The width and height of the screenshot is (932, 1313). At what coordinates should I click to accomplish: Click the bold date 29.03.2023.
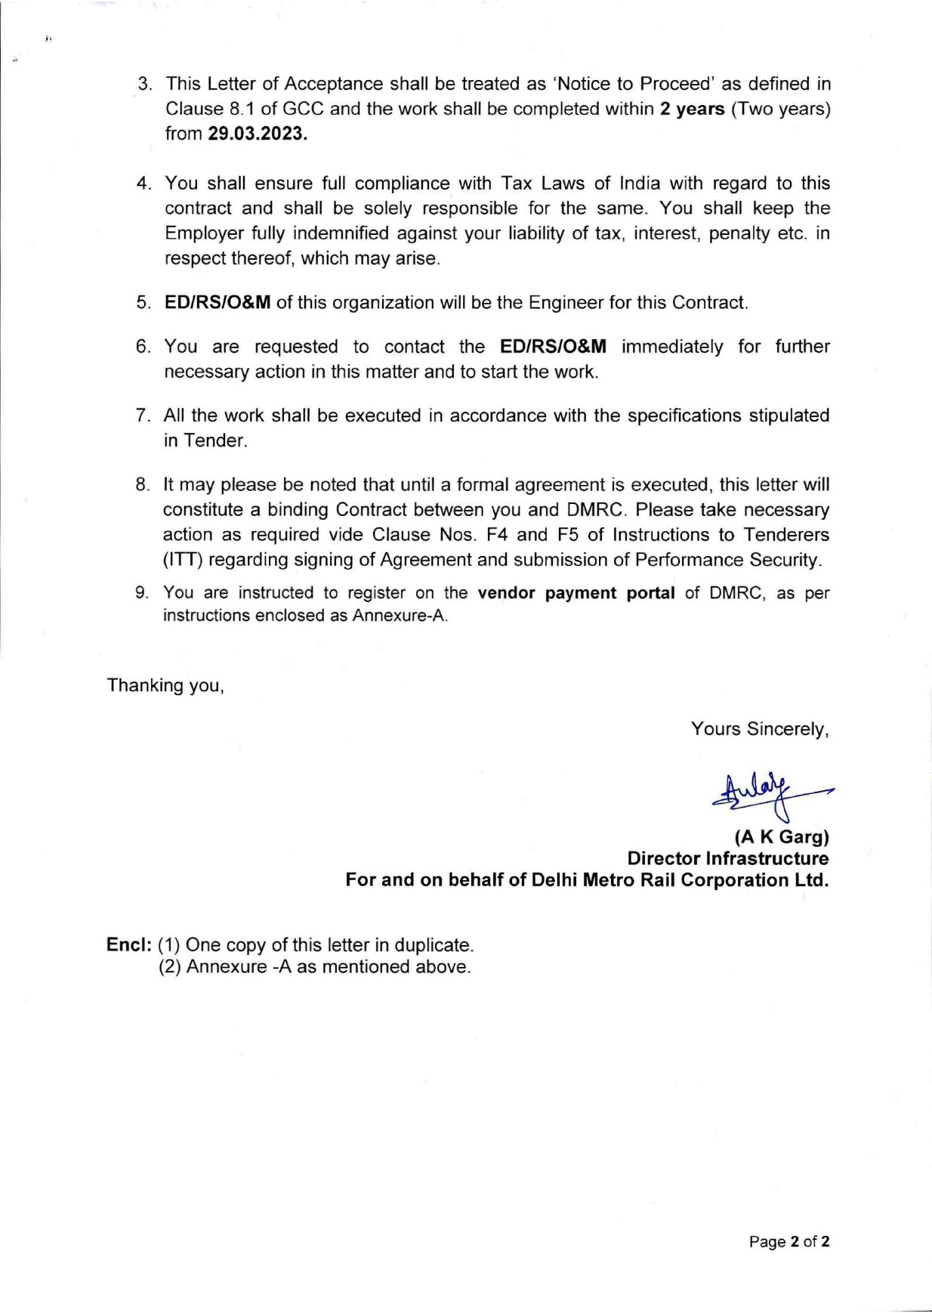pyautogui.click(x=258, y=134)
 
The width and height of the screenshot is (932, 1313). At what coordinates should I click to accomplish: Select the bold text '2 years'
pyautogui.click(x=692, y=109)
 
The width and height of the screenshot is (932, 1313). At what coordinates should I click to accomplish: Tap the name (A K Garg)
pyautogui.click(x=782, y=837)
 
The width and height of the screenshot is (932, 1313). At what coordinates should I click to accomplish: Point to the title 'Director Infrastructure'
pyautogui.click(x=727, y=858)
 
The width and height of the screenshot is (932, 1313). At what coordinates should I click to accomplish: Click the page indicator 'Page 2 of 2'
pyautogui.click(x=789, y=1241)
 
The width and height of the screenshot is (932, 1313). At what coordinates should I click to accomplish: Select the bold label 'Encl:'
pyautogui.click(x=129, y=945)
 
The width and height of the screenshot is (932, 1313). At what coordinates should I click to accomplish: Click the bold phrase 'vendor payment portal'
pyautogui.click(x=576, y=593)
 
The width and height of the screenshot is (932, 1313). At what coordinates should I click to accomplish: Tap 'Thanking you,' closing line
pyautogui.click(x=165, y=685)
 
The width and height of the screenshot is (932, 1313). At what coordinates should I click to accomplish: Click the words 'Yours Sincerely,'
pyautogui.click(x=760, y=729)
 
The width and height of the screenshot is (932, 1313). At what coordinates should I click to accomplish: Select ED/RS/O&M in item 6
pyautogui.click(x=553, y=347)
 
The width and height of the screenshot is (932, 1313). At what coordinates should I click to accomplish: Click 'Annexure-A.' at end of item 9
pyautogui.click(x=400, y=616)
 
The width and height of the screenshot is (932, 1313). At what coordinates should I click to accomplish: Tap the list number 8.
pyautogui.click(x=143, y=485)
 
